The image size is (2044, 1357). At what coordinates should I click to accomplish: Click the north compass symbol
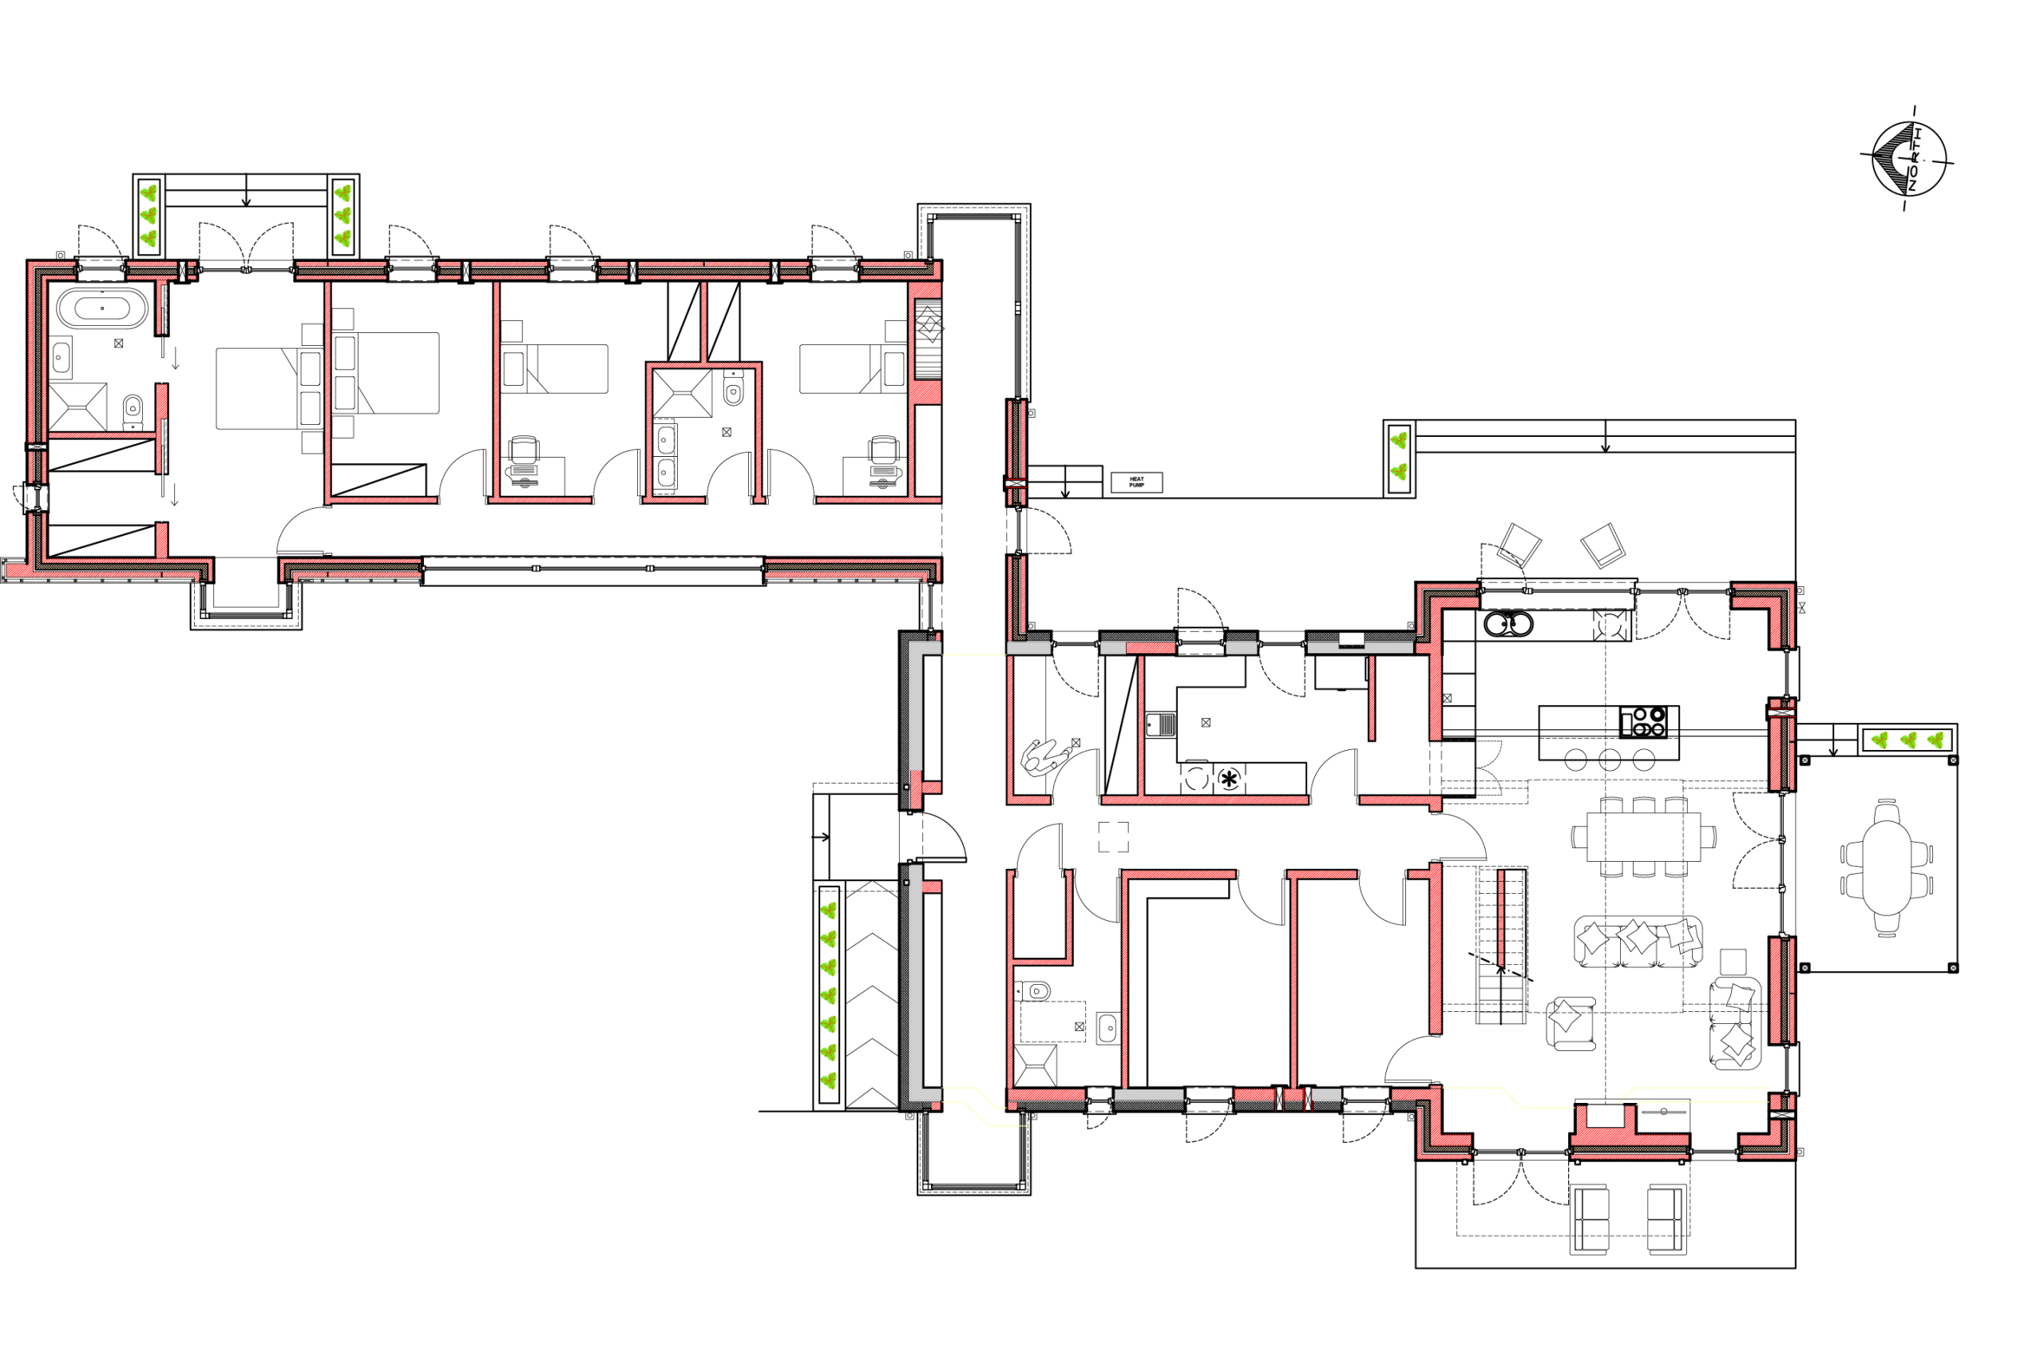click(x=1908, y=159)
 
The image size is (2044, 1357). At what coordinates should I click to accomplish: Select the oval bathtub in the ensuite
click(x=102, y=308)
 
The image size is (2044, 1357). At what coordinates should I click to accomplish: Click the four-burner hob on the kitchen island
click(x=1642, y=722)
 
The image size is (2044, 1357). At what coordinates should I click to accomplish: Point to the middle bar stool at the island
click(x=1609, y=760)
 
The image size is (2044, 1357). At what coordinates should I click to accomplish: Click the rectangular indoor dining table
click(x=1643, y=837)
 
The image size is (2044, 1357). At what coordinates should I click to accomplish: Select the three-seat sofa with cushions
click(x=1638, y=942)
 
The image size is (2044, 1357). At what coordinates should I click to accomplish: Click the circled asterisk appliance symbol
click(x=1228, y=779)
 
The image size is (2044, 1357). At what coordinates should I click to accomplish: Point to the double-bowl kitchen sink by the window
click(x=1508, y=623)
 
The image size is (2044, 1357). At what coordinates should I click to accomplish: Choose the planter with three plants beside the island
click(x=1907, y=740)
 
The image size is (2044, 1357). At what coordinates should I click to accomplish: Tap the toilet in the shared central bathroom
click(x=733, y=391)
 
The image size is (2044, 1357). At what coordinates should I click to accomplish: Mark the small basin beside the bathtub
click(x=61, y=356)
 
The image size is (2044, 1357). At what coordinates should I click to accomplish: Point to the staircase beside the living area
click(x=1501, y=945)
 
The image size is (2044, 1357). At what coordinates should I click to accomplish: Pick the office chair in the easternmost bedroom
click(x=883, y=450)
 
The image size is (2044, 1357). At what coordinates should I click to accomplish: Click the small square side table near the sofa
click(x=1733, y=962)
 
